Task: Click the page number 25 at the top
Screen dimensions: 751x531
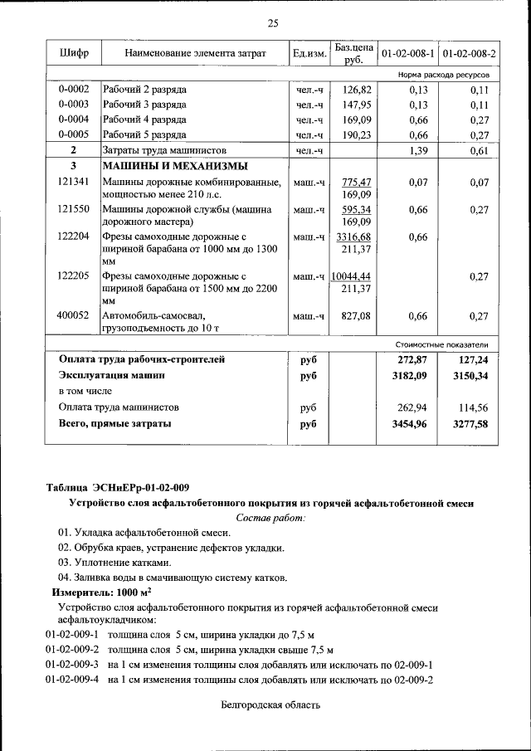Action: click(273, 22)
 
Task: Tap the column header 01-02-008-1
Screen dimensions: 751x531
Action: click(408, 54)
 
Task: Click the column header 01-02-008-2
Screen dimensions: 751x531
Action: click(469, 54)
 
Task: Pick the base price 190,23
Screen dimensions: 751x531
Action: click(355, 134)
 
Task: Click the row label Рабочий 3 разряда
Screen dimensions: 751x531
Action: click(144, 105)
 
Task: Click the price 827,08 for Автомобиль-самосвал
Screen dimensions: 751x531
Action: click(355, 315)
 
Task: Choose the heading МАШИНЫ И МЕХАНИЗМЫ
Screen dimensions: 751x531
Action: click(174, 166)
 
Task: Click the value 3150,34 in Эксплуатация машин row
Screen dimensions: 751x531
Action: click(470, 376)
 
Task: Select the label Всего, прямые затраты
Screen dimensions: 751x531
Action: click(115, 424)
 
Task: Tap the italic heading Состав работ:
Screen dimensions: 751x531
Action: click(271, 518)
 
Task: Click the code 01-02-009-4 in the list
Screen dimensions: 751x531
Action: click(72, 680)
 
